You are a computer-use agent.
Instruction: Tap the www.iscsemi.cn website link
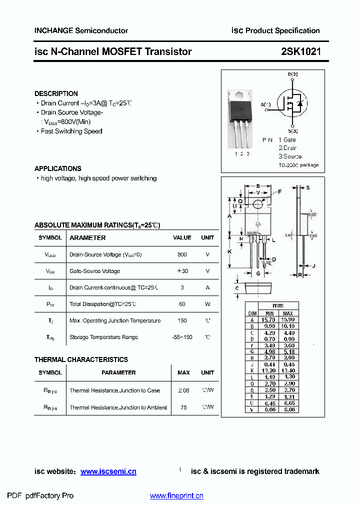coord(108,471)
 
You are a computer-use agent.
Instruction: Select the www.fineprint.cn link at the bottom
coord(176,496)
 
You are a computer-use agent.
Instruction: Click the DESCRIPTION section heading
coord(56,93)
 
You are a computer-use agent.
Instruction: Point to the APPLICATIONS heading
coord(58,168)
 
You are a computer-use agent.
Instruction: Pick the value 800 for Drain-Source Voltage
coord(182,254)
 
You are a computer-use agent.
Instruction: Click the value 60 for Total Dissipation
coord(182,304)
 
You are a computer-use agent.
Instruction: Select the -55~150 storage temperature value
coord(182,337)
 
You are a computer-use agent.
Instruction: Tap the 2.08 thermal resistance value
coord(183,390)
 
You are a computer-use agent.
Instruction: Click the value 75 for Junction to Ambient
coord(183,407)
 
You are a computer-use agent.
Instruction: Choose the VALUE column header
coord(182,238)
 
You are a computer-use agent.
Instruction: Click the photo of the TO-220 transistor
coord(241,118)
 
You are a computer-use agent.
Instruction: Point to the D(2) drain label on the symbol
coord(292,74)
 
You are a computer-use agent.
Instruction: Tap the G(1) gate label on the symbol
coord(266,104)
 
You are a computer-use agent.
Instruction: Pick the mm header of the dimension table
coord(278,306)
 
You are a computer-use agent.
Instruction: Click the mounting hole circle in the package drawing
coord(258,204)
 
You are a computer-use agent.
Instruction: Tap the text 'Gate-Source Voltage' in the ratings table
coord(94,271)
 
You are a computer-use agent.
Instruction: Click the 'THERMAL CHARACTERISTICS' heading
coord(81,359)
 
